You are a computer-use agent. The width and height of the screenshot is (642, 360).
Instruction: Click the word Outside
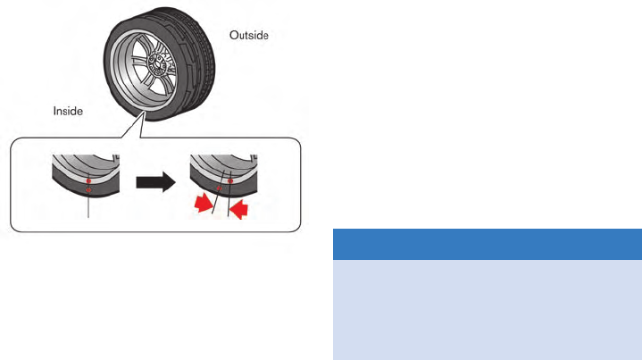(249, 36)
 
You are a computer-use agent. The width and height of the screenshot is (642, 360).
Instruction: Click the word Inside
(68, 112)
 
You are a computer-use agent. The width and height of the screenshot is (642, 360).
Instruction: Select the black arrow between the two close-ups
(154, 184)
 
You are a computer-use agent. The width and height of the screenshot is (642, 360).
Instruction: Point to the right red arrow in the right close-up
(238, 209)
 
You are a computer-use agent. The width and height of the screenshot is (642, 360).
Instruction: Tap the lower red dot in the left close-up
(88, 188)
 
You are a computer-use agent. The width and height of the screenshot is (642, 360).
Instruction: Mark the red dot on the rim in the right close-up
(230, 179)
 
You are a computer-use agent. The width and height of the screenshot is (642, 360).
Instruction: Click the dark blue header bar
(487, 244)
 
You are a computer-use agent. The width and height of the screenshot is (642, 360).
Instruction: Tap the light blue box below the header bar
(487, 309)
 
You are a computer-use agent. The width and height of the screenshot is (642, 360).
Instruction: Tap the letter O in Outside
(234, 36)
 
